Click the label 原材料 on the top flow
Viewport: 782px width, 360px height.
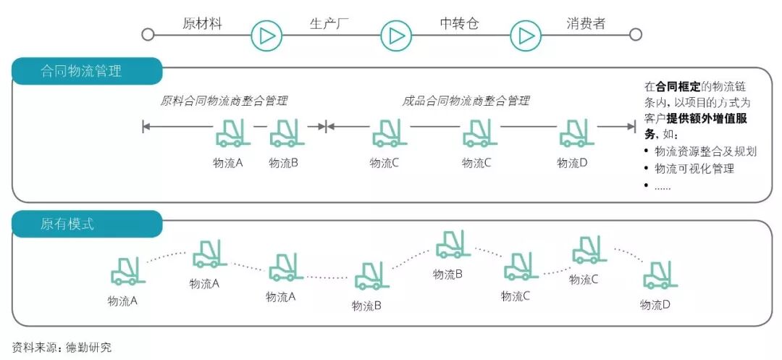(202, 23)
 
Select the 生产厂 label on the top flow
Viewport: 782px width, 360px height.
(329, 23)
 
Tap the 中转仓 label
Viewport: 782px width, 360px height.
(460, 23)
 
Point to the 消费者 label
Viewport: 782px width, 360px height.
(586, 23)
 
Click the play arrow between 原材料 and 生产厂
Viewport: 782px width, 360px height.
(266, 35)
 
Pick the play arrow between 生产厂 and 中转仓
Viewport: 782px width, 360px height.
(396, 35)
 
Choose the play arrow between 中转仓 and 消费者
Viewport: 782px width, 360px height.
(526, 35)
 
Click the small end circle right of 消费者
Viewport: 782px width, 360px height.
(636, 35)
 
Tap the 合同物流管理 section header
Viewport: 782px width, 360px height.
(80, 71)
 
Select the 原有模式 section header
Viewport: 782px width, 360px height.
(67, 224)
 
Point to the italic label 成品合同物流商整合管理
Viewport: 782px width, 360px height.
(466, 101)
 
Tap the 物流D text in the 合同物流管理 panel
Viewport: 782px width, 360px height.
(572, 163)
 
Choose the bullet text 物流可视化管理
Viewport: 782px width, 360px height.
(694, 169)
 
